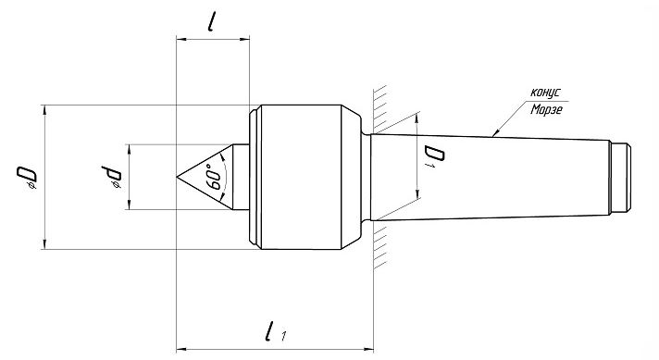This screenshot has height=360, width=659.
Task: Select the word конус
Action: (x=545, y=92)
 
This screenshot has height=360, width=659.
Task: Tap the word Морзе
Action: (x=546, y=109)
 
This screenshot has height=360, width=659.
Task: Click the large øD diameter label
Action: (x=27, y=177)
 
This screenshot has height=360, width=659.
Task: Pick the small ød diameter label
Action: (x=111, y=177)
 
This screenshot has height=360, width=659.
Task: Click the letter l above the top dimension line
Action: (x=211, y=22)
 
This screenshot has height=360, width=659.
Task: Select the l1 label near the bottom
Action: (x=275, y=331)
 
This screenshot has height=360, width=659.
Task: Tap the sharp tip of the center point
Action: (x=177, y=178)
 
